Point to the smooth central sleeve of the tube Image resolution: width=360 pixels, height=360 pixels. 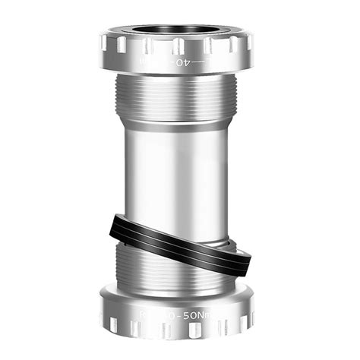(x=180, y=175)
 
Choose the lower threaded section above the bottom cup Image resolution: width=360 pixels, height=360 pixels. (x=180, y=266)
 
